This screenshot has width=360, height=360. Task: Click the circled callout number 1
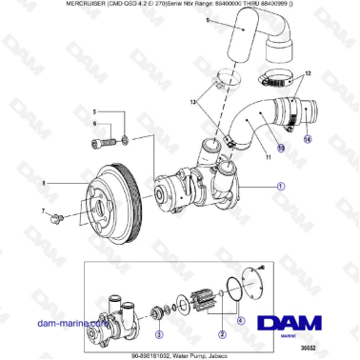279,188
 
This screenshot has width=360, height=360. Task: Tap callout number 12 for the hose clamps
307,74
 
